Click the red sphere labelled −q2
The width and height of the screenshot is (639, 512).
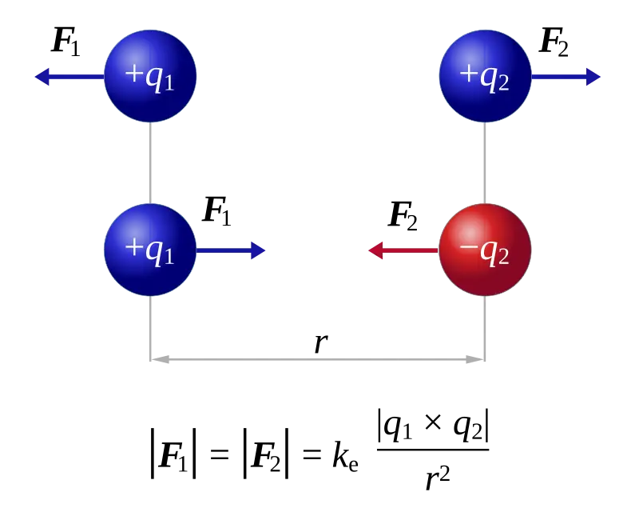click(x=485, y=250)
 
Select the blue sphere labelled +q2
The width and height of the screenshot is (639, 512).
click(x=485, y=76)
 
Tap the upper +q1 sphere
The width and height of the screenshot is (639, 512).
click(x=150, y=76)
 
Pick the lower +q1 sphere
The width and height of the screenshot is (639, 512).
click(x=150, y=250)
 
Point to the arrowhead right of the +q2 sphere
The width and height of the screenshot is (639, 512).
click(x=593, y=77)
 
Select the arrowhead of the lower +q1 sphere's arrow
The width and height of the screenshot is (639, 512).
click(x=258, y=250)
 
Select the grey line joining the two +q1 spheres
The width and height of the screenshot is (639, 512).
click(x=150, y=163)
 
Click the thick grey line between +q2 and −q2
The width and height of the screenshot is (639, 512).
click(x=485, y=163)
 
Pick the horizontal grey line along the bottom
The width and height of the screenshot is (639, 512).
click(x=319, y=361)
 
